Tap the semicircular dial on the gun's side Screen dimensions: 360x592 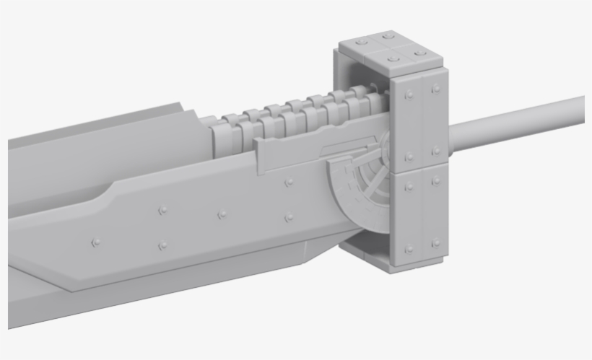357,189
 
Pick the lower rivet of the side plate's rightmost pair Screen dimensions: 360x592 289,217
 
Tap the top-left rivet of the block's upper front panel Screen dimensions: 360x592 409,94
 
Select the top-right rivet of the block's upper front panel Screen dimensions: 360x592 435,89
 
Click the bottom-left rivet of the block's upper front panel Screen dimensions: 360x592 409,156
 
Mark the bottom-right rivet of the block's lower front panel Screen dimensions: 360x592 435,243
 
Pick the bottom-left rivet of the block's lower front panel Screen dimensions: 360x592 409,249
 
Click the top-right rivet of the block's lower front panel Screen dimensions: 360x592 435,181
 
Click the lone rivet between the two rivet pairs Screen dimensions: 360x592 222,214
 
